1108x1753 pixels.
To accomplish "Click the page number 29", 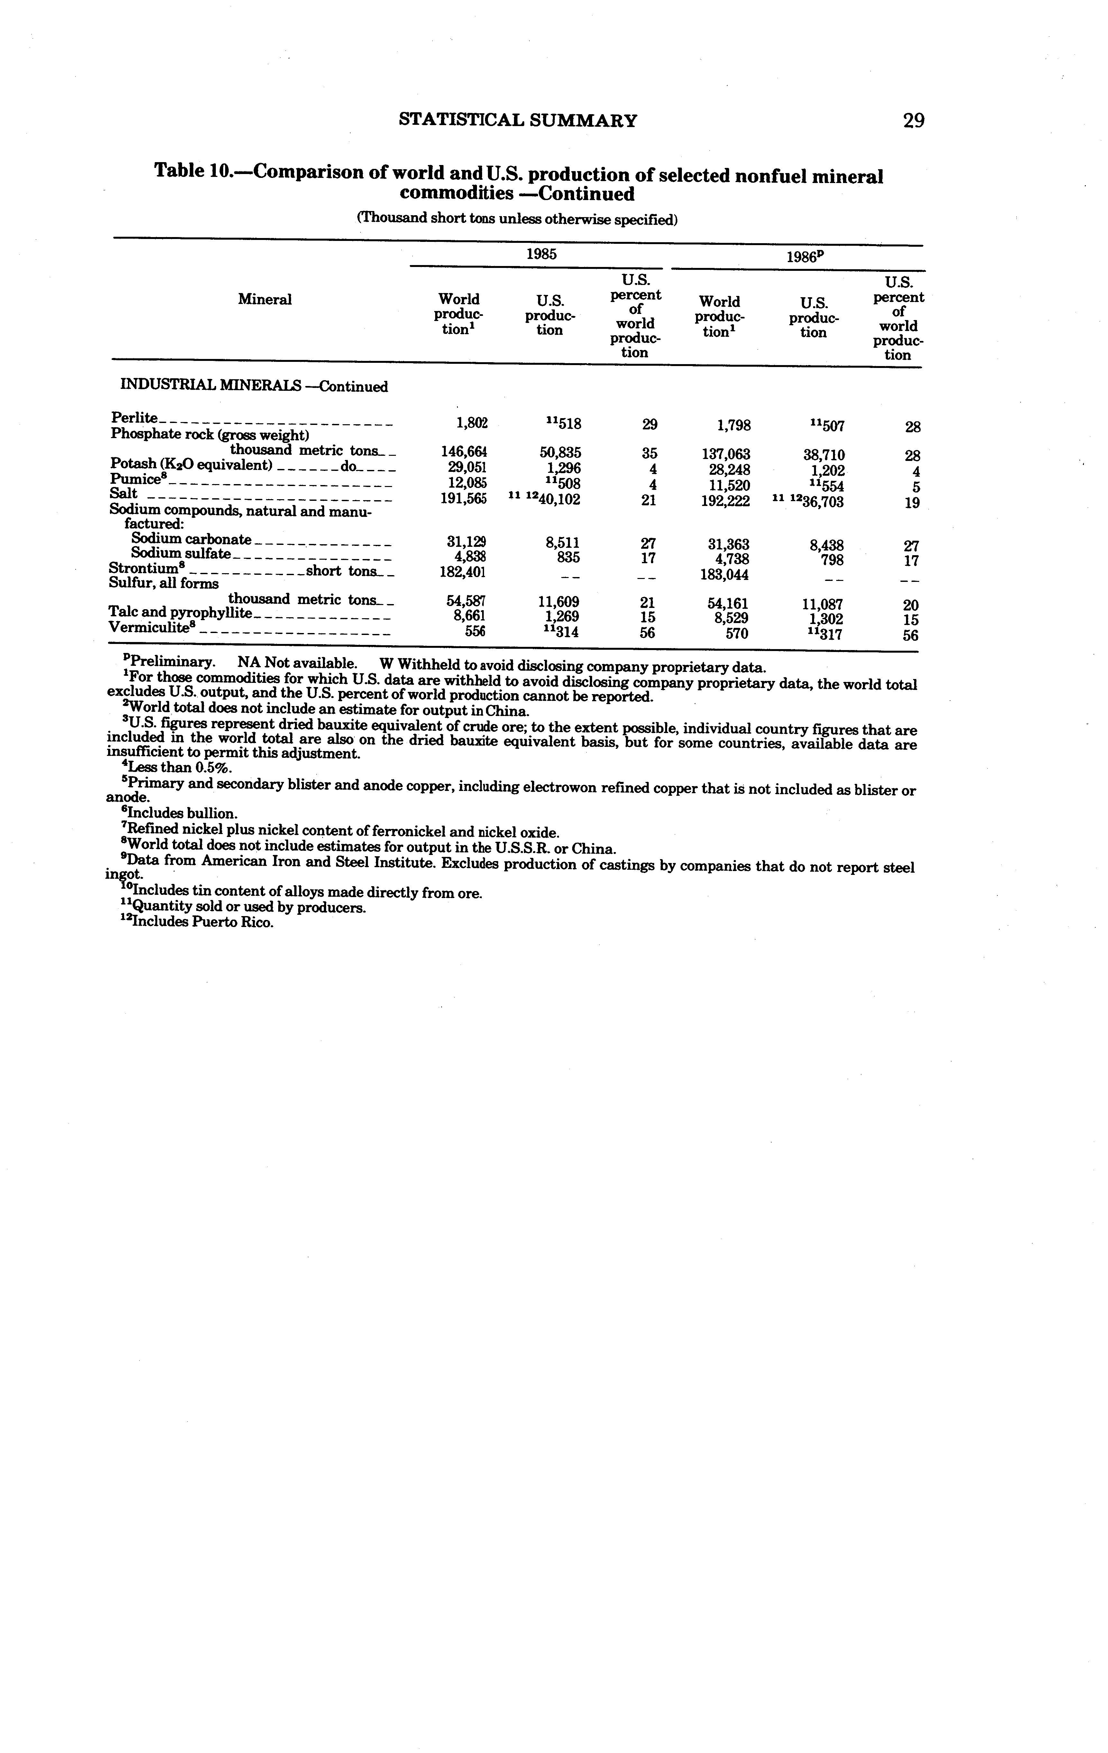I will (913, 120).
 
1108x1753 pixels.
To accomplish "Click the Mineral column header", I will (264, 299).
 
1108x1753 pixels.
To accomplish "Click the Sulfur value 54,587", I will (466, 601).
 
